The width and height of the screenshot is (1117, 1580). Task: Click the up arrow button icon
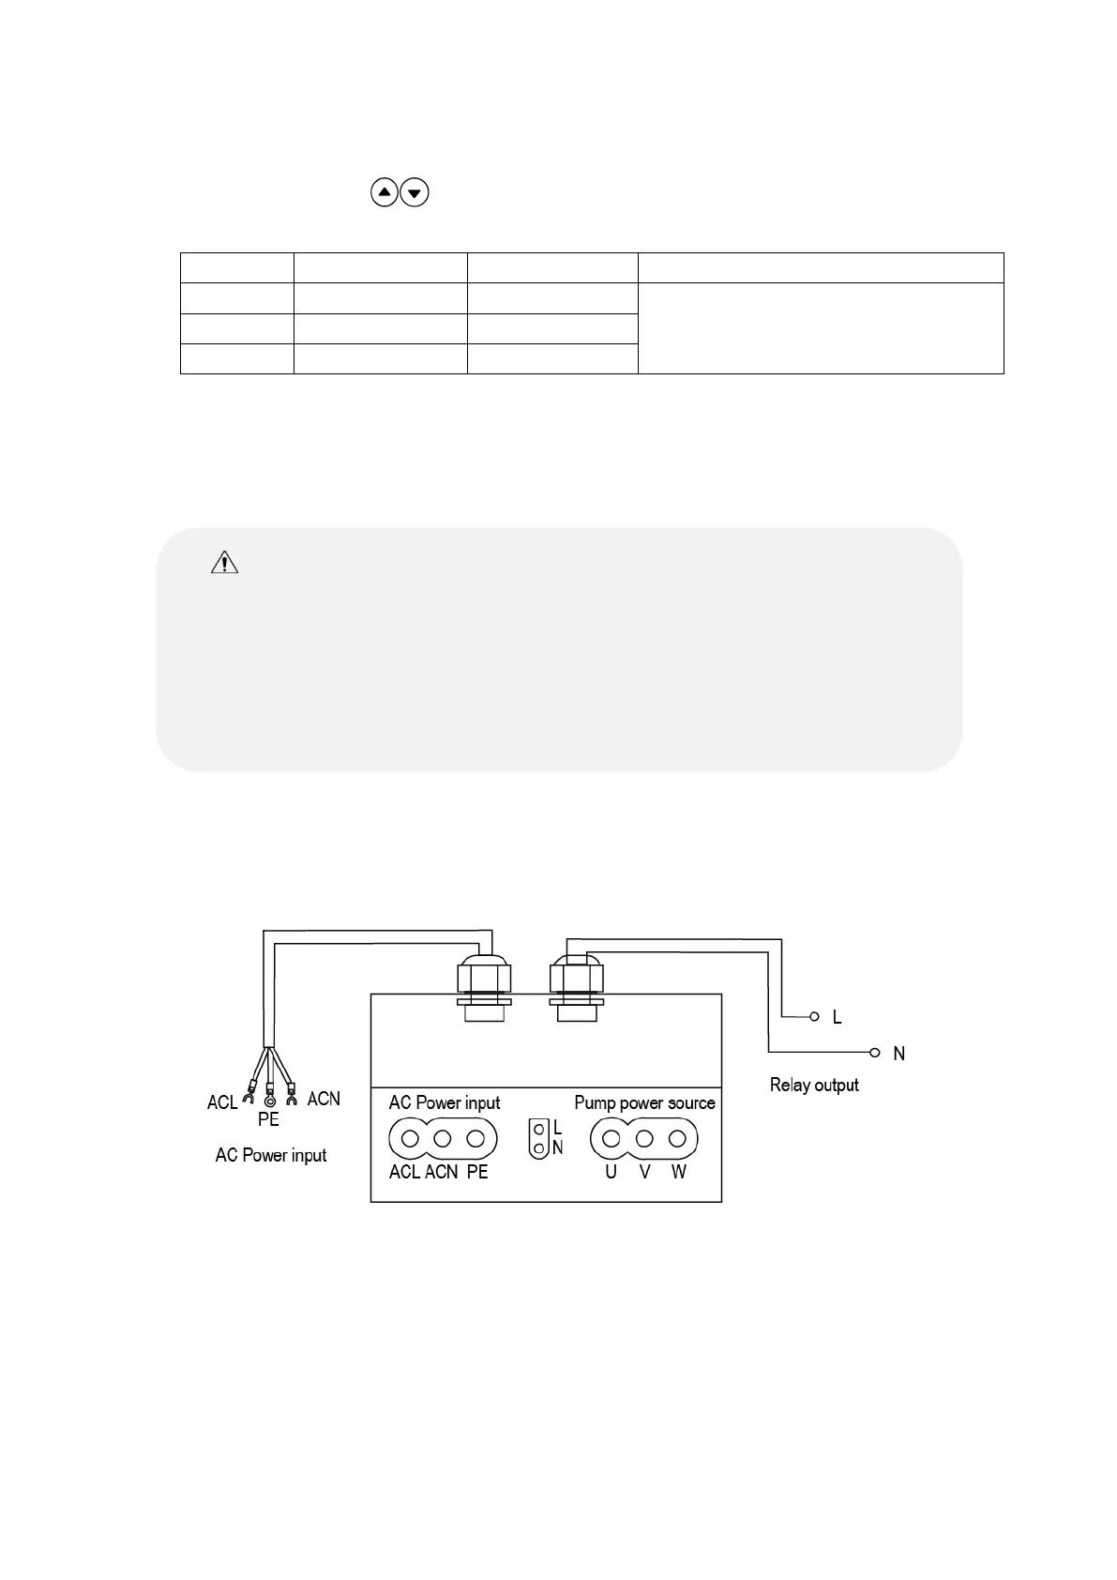385,193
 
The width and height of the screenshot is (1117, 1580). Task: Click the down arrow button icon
415,193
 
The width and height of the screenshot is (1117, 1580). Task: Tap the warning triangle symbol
225,563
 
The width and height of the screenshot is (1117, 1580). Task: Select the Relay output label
814,1085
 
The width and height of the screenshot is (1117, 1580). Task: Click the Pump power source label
644,1102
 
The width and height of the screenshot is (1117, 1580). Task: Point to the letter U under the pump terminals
611,1172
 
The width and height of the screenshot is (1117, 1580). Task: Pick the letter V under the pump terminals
644,1172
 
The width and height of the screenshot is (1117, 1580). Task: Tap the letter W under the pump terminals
679,1172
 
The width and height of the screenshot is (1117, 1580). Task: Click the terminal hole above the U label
611,1139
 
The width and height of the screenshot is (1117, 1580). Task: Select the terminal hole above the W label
677,1139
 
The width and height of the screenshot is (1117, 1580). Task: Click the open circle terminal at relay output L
814,1016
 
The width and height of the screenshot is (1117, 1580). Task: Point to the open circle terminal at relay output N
875,1052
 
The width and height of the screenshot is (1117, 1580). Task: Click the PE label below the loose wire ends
268,1119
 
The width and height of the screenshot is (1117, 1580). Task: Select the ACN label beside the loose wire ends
324,1098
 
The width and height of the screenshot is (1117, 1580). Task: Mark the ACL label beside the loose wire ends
222,1102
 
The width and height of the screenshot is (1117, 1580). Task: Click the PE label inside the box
477,1172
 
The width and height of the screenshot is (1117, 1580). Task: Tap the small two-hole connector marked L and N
538,1138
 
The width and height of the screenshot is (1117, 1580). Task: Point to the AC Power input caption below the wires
271,1155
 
